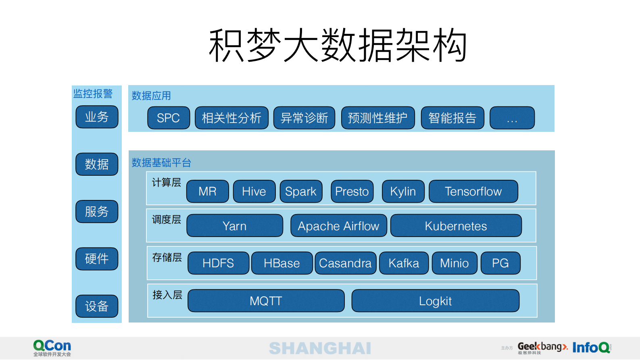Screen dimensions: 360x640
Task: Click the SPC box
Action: pos(169,118)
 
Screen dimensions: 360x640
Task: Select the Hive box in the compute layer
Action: pos(254,191)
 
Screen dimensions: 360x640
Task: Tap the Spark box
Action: pos(301,191)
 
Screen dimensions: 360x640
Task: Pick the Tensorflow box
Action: pos(473,191)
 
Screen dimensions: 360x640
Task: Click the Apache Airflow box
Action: pos(338,226)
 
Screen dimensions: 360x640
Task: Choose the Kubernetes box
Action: pos(456,226)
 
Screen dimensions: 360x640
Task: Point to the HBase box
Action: pos(281,263)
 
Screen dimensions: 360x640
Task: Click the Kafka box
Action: pos(404,263)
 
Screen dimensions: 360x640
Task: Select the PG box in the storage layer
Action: pos(500,263)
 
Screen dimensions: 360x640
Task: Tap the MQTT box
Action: pos(266,301)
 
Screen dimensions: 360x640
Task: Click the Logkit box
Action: pos(435,301)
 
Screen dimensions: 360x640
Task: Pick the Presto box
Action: pos(352,191)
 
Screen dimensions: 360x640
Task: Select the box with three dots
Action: pos(512,118)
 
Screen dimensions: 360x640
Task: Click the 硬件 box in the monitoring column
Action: pos(97,259)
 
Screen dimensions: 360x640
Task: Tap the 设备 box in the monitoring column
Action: pos(97,306)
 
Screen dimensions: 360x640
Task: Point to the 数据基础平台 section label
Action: pos(161,163)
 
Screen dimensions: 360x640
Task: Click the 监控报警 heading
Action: pos(93,94)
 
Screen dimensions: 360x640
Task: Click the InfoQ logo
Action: pos(591,348)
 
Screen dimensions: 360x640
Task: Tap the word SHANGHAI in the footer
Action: pos(320,348)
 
